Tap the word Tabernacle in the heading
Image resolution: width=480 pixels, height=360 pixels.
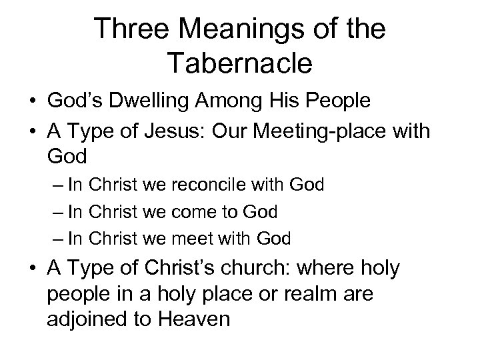tap(241, 63)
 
